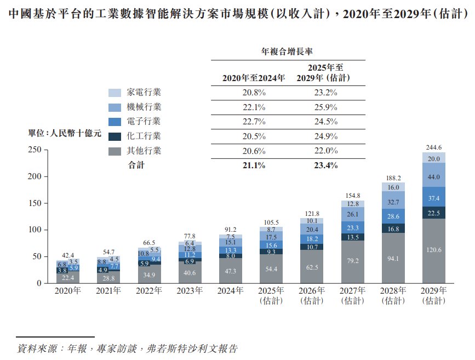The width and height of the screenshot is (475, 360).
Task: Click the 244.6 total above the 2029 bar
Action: (x=433, y=147)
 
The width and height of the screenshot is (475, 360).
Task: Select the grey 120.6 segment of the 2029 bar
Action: (x=433, y=250)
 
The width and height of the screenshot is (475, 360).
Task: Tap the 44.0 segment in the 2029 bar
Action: (x=433, y=177)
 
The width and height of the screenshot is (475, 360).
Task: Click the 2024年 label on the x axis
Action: (x=230, y=291)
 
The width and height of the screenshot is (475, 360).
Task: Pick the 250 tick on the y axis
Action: (x=34, y=150)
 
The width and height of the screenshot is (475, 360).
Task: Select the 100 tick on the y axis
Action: (x=34, y=230)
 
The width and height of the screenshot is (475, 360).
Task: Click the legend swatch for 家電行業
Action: (x=115, y=93)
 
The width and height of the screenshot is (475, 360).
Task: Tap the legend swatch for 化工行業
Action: (x=115, y=136)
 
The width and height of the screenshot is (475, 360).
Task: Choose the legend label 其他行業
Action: (x=144, y=151)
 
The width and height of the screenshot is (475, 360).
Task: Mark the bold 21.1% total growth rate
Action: (x=254, y=165)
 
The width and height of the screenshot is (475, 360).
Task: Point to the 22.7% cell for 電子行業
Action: (x=254, y=122)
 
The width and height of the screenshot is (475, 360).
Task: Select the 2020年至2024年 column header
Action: (x=254, y=78)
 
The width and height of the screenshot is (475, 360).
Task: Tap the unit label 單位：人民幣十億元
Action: (x=65, y=133)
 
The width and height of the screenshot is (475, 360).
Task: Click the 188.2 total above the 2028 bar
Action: (x=393, y=178)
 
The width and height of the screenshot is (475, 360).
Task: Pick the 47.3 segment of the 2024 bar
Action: (x=230, y=270)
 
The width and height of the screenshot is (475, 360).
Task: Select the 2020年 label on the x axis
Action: (x=68, y=291)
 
